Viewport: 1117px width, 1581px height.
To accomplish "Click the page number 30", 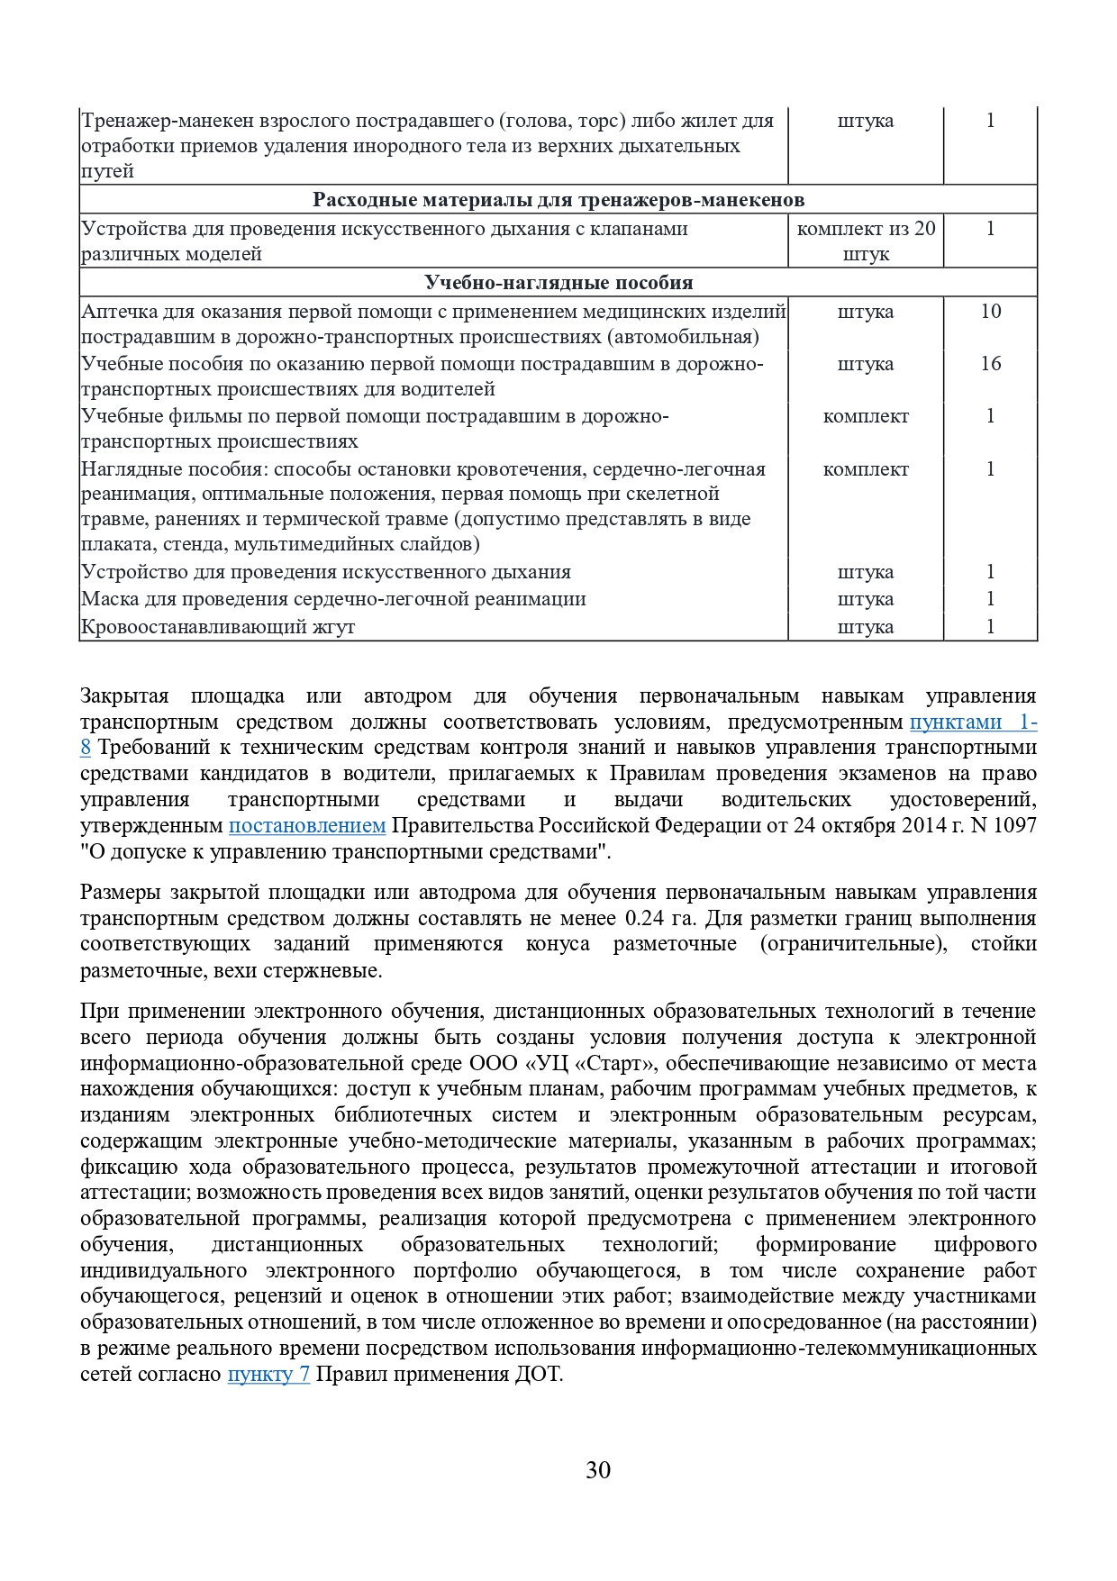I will click(598, 1470).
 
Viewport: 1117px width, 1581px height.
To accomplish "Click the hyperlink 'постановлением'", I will click(307, 826).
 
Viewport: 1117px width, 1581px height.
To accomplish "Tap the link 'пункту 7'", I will click(268, 1375).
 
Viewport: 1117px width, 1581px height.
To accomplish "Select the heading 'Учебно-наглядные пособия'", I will click(558, 283).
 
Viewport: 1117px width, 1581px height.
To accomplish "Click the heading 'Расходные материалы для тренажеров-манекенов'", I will click(558, 200).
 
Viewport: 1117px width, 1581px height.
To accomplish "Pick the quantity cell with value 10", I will click(990, 312).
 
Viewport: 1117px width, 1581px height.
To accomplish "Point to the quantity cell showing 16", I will click(990, 364).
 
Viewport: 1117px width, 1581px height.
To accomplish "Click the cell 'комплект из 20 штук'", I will click(866, 241).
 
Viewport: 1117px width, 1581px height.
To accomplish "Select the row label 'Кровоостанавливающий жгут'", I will click(218, 627).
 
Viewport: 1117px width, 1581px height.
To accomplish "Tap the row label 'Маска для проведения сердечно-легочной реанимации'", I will click(333, 600).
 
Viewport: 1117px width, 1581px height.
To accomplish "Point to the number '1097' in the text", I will click(1014, 826).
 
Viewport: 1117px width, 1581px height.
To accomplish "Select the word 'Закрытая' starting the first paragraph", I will click(124, 696).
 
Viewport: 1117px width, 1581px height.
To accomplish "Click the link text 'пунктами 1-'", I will click(973, 722).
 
